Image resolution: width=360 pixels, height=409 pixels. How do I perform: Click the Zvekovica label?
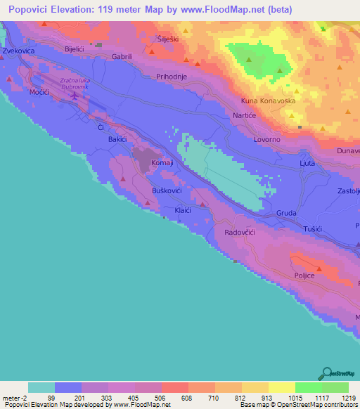(x=19, y=52)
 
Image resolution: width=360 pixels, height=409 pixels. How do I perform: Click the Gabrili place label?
(x=122, y=56)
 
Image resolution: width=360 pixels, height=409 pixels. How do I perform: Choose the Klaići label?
(x=184, y=210)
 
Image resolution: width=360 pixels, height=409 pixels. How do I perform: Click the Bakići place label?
(x=117, y=140)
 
